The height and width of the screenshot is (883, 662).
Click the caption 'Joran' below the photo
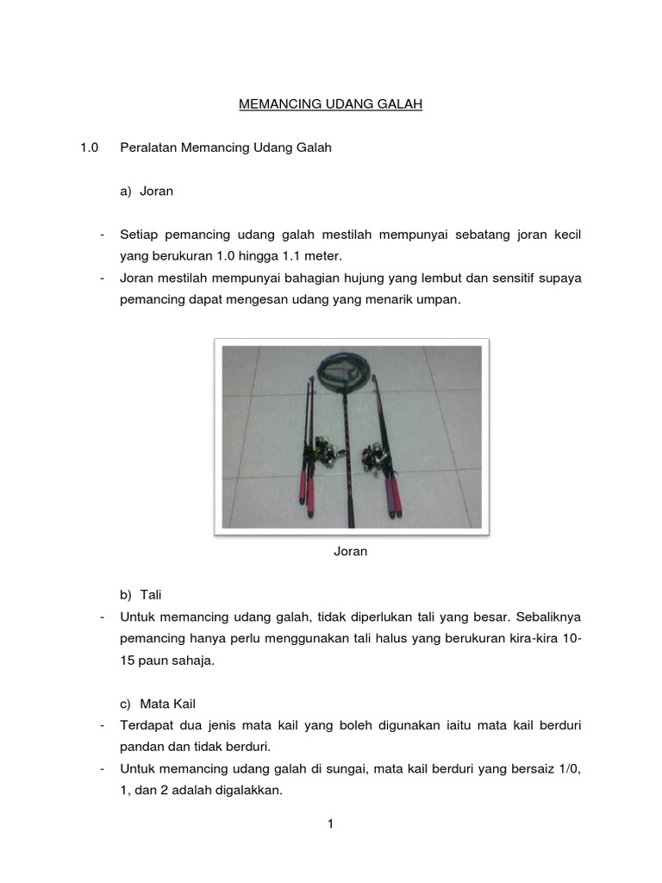[351, 552]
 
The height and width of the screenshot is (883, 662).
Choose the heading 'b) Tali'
[141, 595]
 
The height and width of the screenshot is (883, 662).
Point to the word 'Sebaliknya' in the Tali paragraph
[551, 617]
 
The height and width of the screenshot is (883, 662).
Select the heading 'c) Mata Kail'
[160, 705]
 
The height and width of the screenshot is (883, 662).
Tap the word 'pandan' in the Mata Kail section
[141, 748]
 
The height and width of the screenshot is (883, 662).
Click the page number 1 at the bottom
[330, 824]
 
